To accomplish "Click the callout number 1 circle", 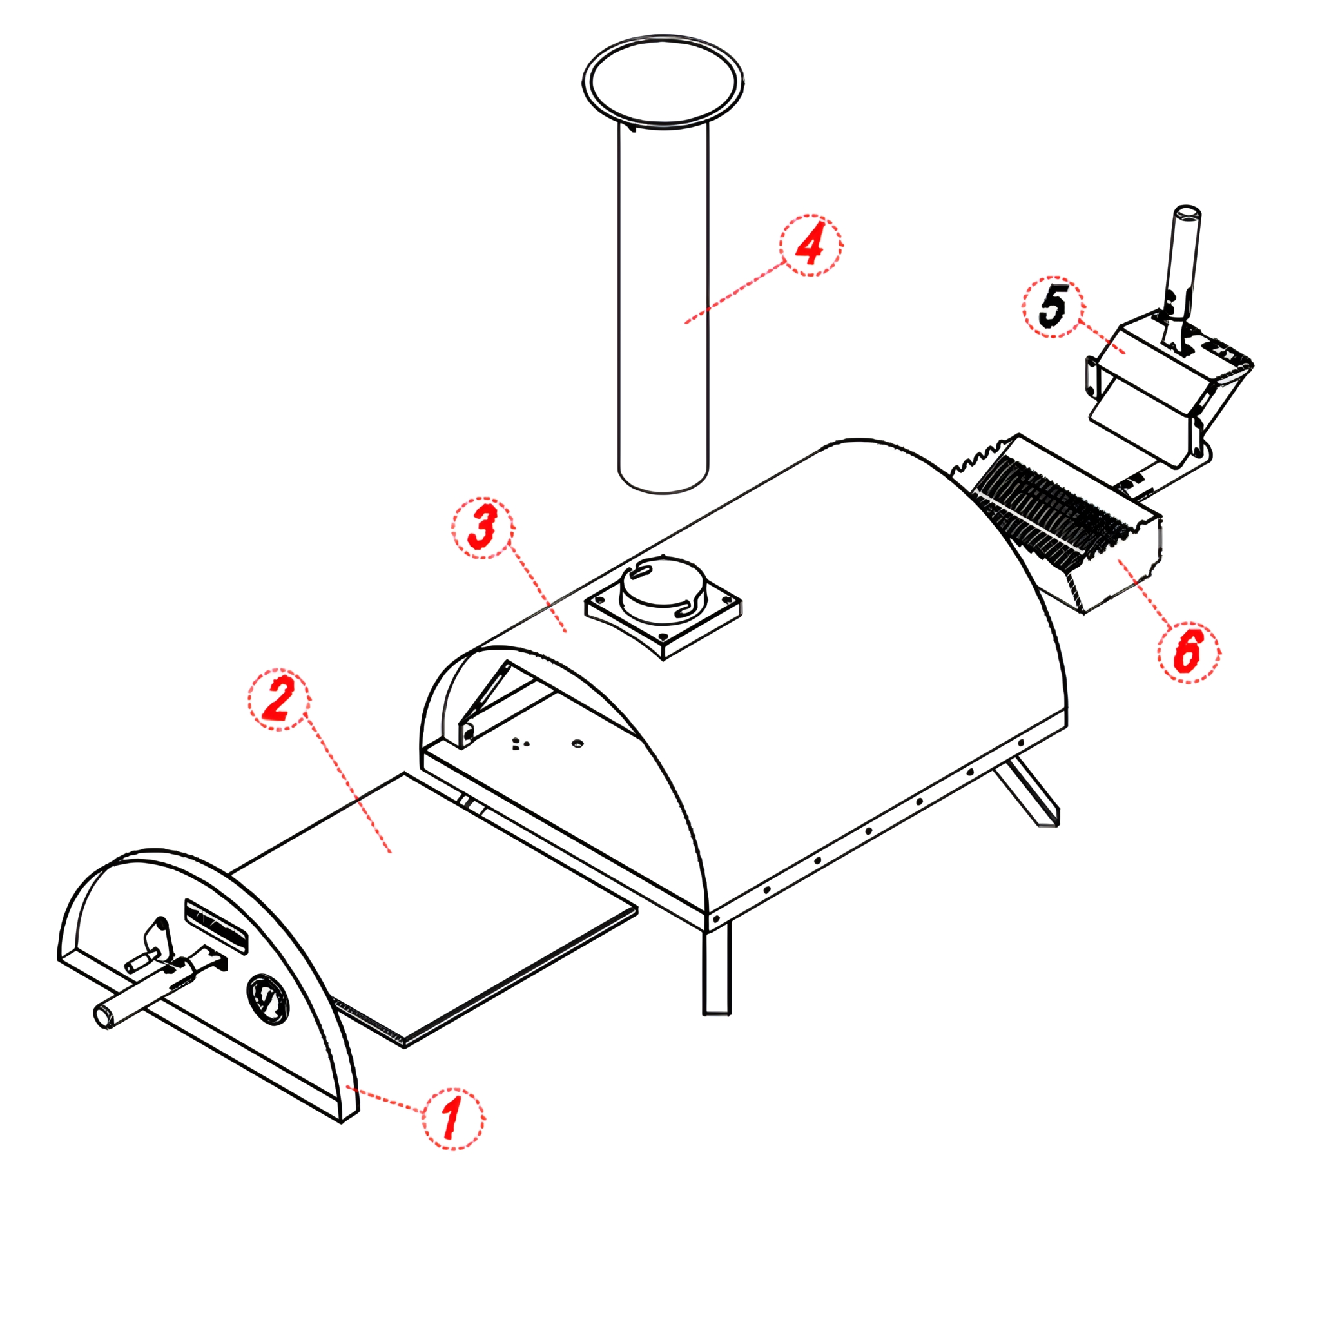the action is (453, 1119).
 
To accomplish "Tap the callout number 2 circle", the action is (278, 699).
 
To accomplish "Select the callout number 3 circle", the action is (483, 527).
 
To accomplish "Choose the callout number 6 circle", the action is (1189, 650).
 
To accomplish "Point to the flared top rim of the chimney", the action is (663, 81).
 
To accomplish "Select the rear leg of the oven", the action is (1026, 795).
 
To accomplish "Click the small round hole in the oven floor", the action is (577, 742).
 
